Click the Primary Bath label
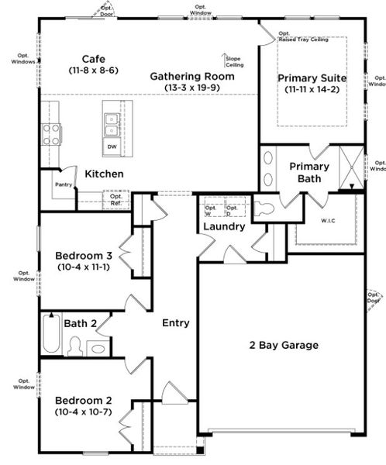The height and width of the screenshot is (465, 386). [x=309, y=172]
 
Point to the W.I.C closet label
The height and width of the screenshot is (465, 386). [x=329, y=219]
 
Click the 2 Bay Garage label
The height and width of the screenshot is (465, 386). [x=283, y=345]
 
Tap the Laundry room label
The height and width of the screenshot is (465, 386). [x=224, y=227]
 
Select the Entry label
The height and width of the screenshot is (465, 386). [x=175, y=322]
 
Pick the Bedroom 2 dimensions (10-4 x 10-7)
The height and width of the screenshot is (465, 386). [x=83, y=412]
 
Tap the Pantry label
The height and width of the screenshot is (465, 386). [x=63, y=184]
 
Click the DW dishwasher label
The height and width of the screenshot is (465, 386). [x=112, y=146]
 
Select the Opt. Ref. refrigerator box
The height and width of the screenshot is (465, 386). [x=116, y=200]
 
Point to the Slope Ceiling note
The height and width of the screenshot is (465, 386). [x=233, y=61]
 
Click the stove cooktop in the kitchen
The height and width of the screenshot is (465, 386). [x=52, y=134]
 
